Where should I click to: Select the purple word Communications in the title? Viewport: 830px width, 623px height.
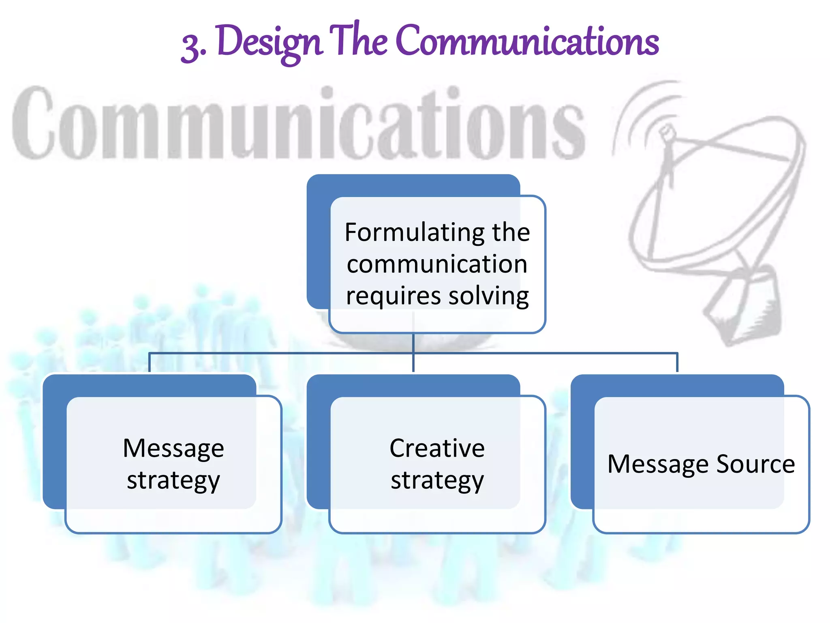pyautogui.click(x=527, y=41)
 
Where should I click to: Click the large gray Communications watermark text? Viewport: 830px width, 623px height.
pyautogui.click(x=298, y=124)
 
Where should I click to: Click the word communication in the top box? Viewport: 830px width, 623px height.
pyautogui.click(x=437, y=264)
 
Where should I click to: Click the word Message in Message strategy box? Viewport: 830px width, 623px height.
pyautogui.click(x=173, y=449)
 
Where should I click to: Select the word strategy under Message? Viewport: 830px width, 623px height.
pyautogui.click(x=173, y=481)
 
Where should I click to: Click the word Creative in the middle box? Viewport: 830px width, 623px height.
pyautogui.click(x=437, y=449)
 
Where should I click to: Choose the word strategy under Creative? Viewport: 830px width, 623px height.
pyautogui.click(x=437, y=481)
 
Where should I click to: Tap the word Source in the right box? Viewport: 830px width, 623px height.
pyautogui.click(x=755, y=464)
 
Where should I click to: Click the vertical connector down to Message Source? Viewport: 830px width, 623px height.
pyautogui.click(x=677, y=363)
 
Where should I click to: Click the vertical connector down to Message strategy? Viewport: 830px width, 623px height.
pyautogui.click(x=150, y=363)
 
